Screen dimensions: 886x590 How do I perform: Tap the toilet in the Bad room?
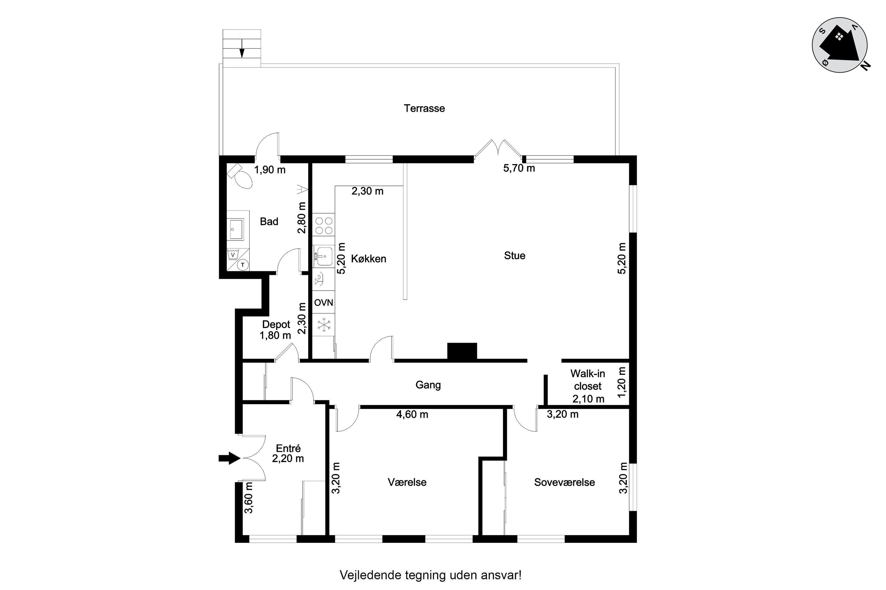pos(241,176)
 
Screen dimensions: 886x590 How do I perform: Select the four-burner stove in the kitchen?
pos(324,225)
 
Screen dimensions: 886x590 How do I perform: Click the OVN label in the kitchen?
pos(324,303)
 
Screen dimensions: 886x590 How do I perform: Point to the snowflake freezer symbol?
pos(324,325)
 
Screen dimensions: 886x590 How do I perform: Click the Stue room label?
pos(514,256)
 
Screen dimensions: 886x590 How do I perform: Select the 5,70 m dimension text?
pos(519,168)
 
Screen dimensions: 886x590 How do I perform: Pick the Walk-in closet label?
pos(588,380)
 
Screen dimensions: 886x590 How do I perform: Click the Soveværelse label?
pos(564,482)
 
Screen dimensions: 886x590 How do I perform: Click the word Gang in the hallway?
pos(428,385)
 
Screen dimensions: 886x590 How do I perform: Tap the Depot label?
pos(276,324)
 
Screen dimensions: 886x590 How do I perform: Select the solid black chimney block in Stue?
pos(462,351)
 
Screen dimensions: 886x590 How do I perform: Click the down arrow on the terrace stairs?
pos(242,49)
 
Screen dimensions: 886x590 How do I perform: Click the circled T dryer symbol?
pos(243,265)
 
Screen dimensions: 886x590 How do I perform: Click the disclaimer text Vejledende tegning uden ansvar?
pos(431,575)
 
